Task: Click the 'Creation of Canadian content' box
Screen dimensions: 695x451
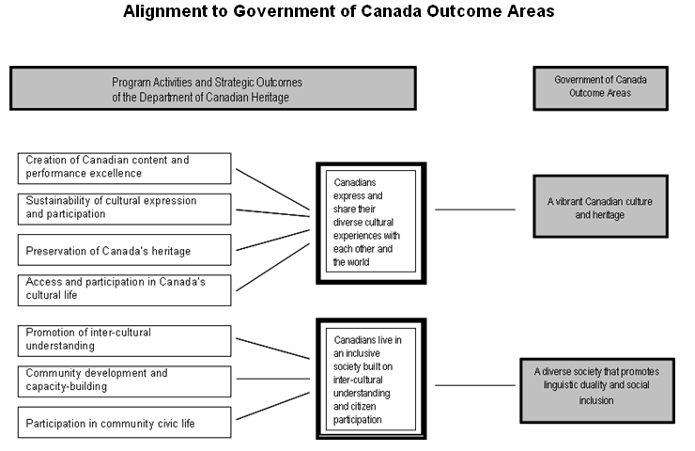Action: pos(125,168)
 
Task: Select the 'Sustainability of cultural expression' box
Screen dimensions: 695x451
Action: pos(125,209)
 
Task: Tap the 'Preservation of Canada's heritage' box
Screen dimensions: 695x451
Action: pos(125,250)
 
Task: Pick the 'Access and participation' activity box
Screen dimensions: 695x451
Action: pos(125,290)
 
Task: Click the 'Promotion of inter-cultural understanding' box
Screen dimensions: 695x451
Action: pos(125,341)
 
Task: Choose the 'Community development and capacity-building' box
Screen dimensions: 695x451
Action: pos(125,381)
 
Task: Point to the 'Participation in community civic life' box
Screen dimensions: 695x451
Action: pos(125,422)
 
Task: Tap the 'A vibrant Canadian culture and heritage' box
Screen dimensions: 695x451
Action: pos(600,206)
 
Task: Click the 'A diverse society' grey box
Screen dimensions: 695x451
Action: pos(597,391)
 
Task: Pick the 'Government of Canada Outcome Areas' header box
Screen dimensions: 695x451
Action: pos(600,88)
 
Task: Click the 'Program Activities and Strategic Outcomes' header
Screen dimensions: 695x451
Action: pos(213,88)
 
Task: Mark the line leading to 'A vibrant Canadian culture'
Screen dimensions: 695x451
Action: pos(475,210)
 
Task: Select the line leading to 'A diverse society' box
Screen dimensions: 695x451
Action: pos(475,385)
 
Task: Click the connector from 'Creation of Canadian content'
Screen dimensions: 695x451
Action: pos(272,190)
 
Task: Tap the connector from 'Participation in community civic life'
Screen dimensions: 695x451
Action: pos(272,406)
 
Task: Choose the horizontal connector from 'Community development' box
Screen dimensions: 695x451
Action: pos(273,379)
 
